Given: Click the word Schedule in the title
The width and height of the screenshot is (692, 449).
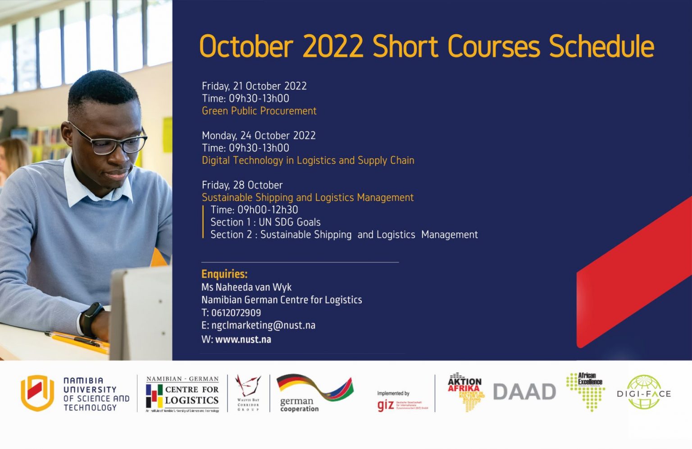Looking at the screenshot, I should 601,47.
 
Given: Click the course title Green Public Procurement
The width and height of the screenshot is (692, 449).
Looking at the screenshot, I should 259,111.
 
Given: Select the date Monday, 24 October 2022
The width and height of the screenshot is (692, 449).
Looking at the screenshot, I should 259,135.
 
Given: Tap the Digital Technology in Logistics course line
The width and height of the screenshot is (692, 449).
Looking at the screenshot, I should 308,161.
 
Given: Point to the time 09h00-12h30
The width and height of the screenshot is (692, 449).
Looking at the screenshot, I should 268,210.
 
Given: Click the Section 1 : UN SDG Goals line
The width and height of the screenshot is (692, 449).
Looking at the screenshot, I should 265,222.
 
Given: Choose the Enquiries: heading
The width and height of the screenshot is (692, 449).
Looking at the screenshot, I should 224,274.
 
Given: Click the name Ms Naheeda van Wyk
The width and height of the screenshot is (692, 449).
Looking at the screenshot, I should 246,287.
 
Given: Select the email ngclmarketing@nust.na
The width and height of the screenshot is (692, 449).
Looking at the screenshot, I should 263,325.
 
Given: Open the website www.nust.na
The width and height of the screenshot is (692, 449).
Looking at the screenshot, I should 243,339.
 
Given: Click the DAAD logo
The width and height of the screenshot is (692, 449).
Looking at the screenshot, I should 524,392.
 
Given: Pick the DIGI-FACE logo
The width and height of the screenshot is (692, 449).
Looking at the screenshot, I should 644,393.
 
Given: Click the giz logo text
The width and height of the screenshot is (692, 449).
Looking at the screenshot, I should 386,405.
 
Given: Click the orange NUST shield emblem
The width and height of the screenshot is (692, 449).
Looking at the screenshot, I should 37,393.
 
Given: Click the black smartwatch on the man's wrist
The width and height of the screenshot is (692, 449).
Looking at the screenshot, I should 92,319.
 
